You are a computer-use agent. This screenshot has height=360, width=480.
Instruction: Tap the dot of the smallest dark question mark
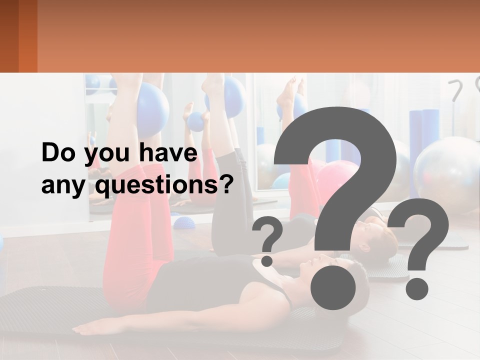pos(267,260)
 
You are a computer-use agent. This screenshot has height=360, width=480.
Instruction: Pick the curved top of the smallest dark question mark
pos(269,232)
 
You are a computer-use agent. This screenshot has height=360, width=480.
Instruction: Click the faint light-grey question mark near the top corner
pos(456,90)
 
